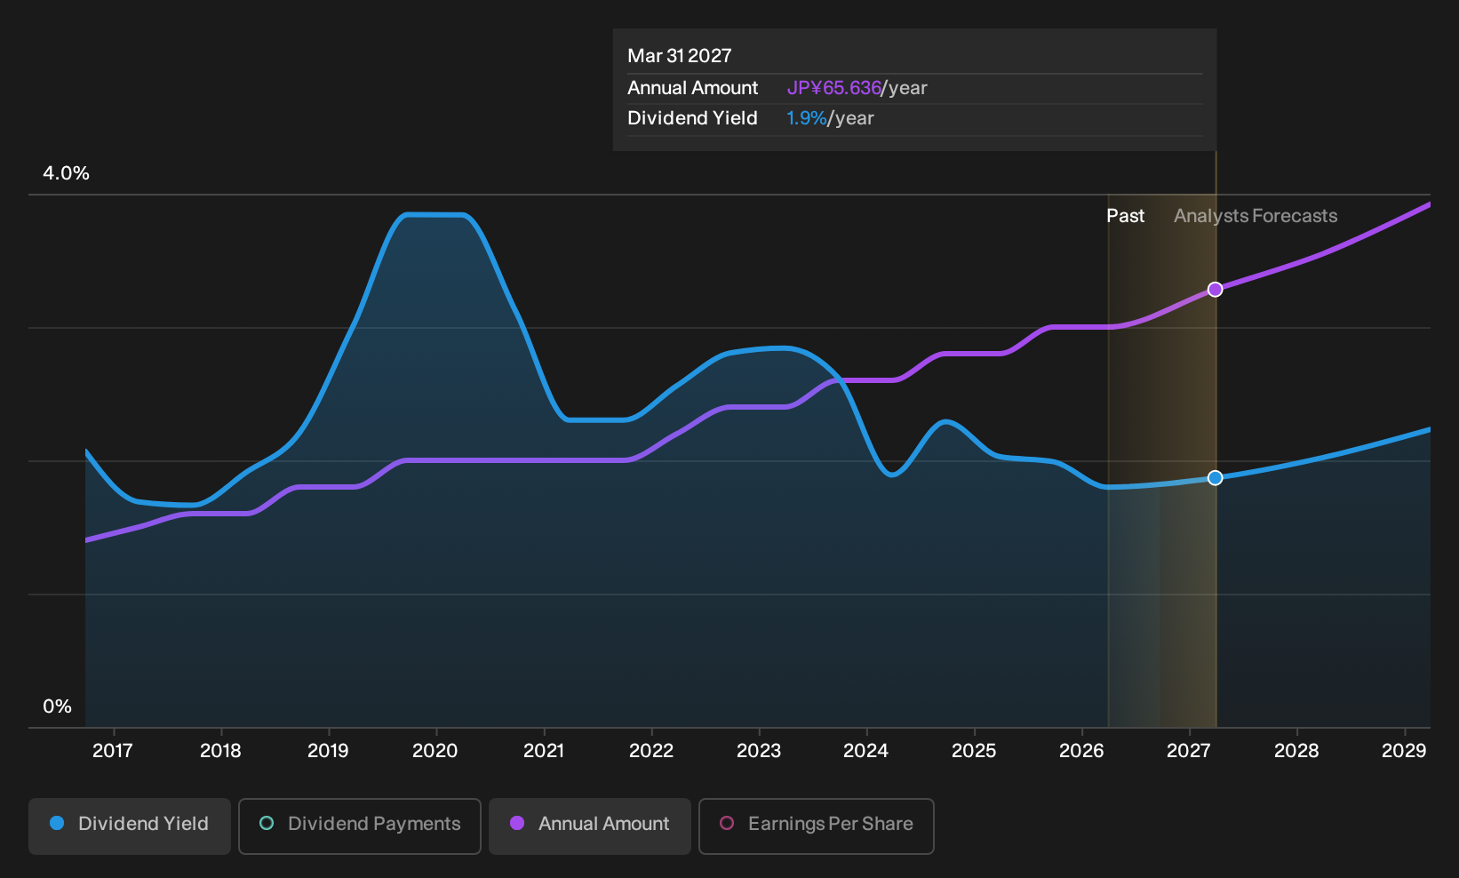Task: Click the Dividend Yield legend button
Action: (x=130, y=826)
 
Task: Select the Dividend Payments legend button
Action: (x=360, y=826)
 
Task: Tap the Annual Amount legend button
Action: (x=589, y=826)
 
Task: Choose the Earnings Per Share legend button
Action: (x=816, y=826)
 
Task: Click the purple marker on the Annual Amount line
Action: (x=1215, y=289)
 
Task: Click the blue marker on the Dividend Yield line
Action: (x=1215, y=478)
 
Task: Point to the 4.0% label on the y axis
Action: (x=66, y=173)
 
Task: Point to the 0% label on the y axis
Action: (x=58, y=706)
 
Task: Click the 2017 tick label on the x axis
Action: (x=113, y=751)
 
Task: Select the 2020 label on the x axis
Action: (x=435, y=751)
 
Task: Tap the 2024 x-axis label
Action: (x=865, y=751)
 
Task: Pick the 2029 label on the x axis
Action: (x=1404, y=751)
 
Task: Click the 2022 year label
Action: (x=650, y=751)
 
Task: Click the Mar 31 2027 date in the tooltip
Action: (x=680, y=56)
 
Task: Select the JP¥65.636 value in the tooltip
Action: (x=833, y=88)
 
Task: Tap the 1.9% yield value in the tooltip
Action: (x=806, y=118)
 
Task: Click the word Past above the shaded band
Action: (x=1126, y=216)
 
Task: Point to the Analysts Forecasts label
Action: (x=1256, y=216)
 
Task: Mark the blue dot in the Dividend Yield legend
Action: (x=58, y=823)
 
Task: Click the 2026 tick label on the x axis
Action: (x=1081, y=751)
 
